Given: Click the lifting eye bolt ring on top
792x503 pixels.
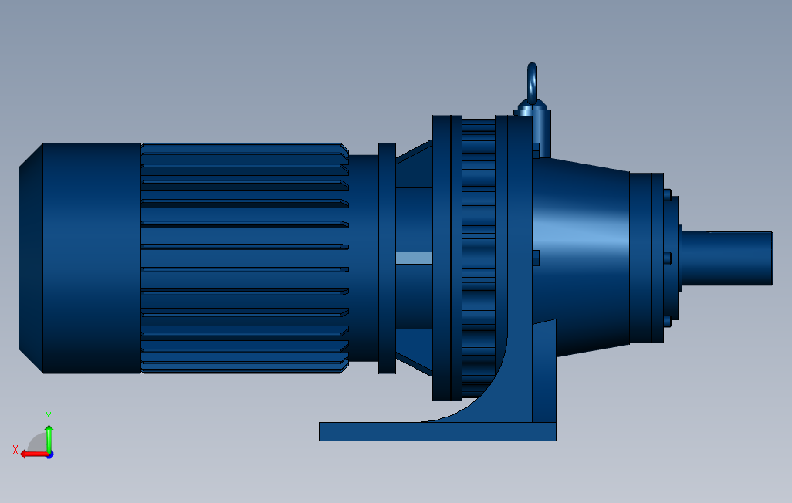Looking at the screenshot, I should coord(532,80).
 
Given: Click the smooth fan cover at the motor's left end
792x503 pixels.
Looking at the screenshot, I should coord(85,258).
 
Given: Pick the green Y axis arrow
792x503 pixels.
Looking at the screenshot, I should coord(49,438).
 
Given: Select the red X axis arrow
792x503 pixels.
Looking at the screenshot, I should coord(32,454).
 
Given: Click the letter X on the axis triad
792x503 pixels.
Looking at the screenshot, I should coord(15,449).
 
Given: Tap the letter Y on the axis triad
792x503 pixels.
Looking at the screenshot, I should coord(49,415).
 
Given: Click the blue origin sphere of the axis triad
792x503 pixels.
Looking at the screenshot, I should coord(49,454).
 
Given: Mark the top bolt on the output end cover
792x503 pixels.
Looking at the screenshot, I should coord(668,194).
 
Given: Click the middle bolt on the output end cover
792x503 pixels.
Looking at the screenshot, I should coord(668,258).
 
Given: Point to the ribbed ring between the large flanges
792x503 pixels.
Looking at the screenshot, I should coord(479,258).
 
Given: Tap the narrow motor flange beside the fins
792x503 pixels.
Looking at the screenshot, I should coord(387,258).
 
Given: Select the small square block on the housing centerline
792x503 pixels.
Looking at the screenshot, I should coord(536,258).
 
